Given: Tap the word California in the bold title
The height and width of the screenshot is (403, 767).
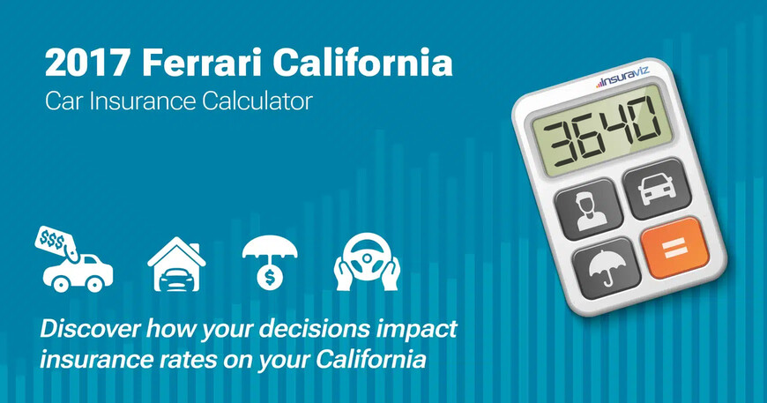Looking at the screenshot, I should pyautogui.click(x=365, y=64).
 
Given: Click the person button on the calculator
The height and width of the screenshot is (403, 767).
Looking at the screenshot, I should pyautogui.click(x=585, y=208).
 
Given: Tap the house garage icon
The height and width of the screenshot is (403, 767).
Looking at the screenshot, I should pyautogui.click(x=176, y=263).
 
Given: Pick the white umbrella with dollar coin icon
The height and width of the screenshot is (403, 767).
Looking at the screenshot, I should pyautogui.click(x=271, y=261).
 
